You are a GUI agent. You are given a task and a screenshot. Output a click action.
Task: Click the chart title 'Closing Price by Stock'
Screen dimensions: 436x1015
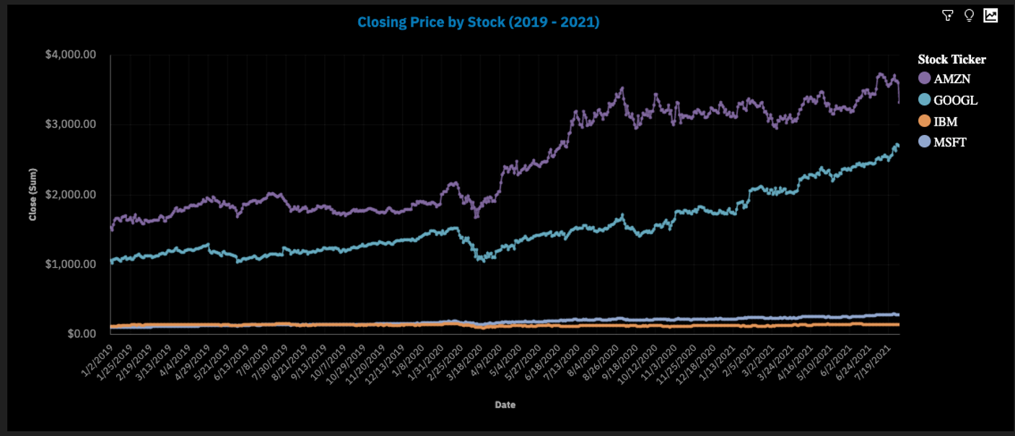click(x=478, y=22)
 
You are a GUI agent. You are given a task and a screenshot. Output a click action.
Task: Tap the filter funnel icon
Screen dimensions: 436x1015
click(x=948, y=15)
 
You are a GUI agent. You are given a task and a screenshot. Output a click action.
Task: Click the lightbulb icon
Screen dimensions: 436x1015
click(x=969, y=15)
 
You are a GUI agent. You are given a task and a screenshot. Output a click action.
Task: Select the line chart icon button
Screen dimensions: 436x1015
click(x=990, y=15)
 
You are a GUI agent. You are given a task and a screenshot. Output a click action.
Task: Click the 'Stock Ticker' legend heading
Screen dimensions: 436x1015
click(x=951, y=59)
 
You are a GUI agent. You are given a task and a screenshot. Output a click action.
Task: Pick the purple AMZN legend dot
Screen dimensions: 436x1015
click(x=924, y=79)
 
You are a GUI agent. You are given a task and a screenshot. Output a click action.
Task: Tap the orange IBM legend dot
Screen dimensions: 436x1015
click(x=924, y=121)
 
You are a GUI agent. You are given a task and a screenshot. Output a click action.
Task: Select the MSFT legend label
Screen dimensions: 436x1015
click(x=950, y=142)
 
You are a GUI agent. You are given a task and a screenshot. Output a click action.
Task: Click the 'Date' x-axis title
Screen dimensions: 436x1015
click(x=505, y=405)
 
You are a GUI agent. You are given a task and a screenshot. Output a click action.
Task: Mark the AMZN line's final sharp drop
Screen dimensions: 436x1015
click(x=898, y=94)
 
